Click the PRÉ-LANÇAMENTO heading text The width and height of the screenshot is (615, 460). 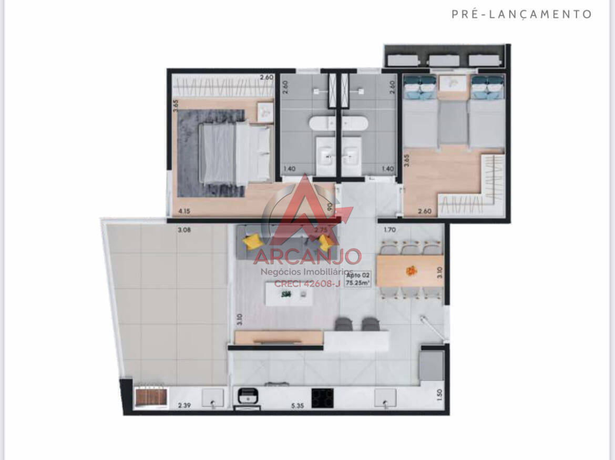pos(521,14)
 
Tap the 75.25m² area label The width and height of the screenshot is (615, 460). pos(358,283)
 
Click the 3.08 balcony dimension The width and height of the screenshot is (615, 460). pos(183,230)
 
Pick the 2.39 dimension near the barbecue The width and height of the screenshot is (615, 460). pos(183,405)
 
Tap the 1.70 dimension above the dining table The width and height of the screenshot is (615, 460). pos(390,230)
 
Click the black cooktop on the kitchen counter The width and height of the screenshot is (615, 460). pos(322,398)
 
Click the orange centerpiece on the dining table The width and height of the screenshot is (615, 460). pos(411,271)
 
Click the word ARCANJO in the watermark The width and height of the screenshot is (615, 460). pos(307,257)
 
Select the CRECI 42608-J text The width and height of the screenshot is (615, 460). pos(307,284)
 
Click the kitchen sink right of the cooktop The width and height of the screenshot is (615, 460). pos(385,398)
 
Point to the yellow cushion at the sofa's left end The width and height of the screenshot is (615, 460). pos(252,242)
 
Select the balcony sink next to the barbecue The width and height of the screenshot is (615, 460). pos(213,398)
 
